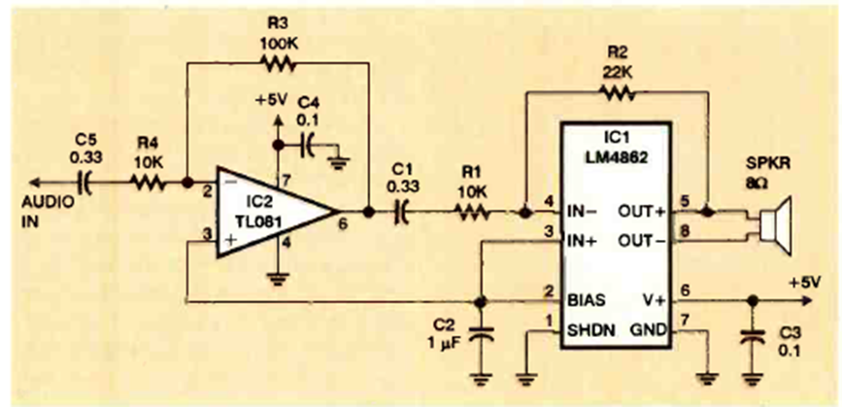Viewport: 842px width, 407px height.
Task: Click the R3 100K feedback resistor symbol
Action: [278, 64]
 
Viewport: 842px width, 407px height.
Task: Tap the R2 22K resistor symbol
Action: [617, 92]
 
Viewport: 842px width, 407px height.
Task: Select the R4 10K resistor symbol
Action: [148, 182]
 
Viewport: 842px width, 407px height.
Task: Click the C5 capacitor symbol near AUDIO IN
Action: [84, 182]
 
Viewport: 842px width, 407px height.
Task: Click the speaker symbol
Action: [776, 223]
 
